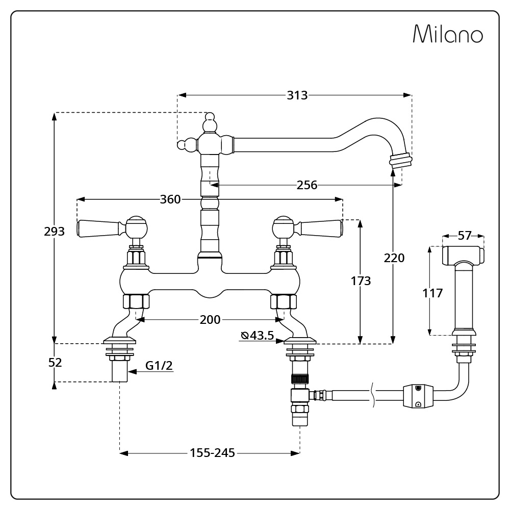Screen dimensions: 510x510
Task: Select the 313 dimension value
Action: pyautogui.click(x=297, y=95)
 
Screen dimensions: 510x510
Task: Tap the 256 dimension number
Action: pyautogui.click(x=307, y=185)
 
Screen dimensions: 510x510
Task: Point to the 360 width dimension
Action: pyautogui.click(x=170, y=199)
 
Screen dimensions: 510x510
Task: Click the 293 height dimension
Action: pyautogui.click(x=54, y=231)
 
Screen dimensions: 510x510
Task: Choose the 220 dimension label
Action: pyautogui.click(x=394, y=258)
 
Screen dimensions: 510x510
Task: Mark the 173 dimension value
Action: pyautogui.click(x=361, y=280)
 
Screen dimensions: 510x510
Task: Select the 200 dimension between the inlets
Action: pyautogui.click(x=210, y=320)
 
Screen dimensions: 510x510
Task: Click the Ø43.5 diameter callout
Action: pyautogui.click(x=258, y=335)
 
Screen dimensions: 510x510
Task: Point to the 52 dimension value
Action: pyautogui.click(x=55, y=363)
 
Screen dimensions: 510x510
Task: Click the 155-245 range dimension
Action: pyautogui.click(x=212, y=452)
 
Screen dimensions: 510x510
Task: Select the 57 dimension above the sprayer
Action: pyautogui.click(x=464, y=236)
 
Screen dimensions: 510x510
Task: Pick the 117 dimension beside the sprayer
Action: pyautogui.click(x=432, y=293)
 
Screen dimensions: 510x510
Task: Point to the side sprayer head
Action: pyautogui.click(x=463, y=254)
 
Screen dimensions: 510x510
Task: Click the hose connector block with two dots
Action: pyautogui.click(x=418, y=396)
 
